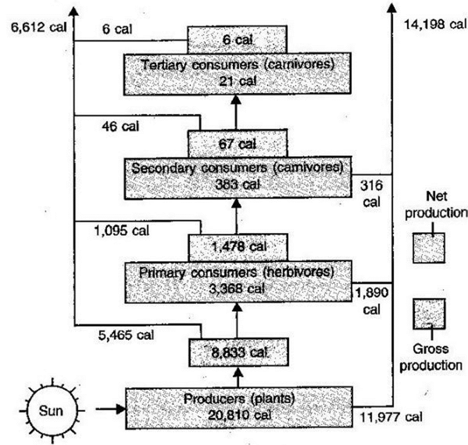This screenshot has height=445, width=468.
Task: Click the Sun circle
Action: (x=52, y=411)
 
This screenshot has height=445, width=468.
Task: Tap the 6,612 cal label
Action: (x=38, y=28)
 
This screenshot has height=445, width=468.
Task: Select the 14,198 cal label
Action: (x=435, y=24)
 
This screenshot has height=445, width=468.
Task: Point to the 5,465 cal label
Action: (x=126, y=335)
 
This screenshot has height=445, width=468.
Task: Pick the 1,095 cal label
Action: (x=121, y=231)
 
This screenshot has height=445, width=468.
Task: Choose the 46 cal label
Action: (x=120, y=127)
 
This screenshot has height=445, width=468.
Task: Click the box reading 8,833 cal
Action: (x=239, y=352)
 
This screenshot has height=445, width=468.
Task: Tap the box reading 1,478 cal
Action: (x=238, y=247)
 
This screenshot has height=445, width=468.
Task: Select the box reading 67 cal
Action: (x=238, y=143)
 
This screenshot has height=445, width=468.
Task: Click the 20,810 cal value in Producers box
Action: (x=239, y=415)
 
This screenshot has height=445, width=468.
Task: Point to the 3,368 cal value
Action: (x=237, y=289)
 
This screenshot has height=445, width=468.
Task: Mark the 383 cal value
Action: (x=238, y=185)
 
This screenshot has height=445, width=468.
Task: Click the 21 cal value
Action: (x=238, y=81)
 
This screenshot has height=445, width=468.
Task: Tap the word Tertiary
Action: (x=163, y=65)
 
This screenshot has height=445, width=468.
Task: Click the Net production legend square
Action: (x=429, y=248)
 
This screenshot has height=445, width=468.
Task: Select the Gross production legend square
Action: (x=429, y=314)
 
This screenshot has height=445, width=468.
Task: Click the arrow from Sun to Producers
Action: (x=110, y=409)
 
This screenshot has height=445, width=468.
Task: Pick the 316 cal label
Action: (x=371, y=194)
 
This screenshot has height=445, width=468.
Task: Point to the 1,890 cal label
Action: (x=371, y=301)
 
